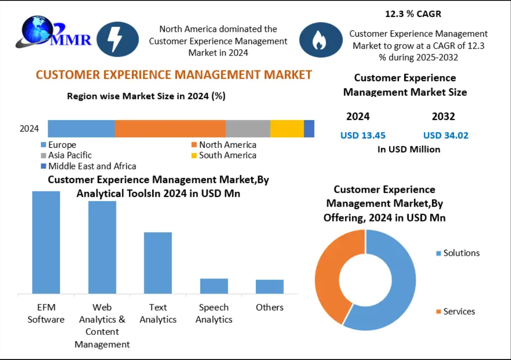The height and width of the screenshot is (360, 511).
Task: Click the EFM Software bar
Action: pyautogui.click(x=46, y=242)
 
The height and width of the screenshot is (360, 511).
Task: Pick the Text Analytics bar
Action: pyautogui.click(x=158, y=263)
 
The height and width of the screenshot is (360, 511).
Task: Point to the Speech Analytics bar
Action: pyautogui.click(x=214, y=286)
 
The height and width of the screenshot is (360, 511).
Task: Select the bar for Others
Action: pyautogui.click(x=269, y=286)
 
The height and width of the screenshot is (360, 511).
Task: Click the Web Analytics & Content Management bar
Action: pyautogui.click(x=102, y=247)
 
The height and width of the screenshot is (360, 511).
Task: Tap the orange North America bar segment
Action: pyautogui.click(x=170, y=128)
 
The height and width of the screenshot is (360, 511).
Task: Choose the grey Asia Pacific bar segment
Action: pyautogui.click(x=248, y=128)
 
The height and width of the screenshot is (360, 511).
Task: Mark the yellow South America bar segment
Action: pyautogui.click(x=287, y=128)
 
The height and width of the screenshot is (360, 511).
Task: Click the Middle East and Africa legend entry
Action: pyautogui.click(x=88, y=166)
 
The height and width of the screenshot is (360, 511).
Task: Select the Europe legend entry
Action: pyautogui.click(x=58, y=145)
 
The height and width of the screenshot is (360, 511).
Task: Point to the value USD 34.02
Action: pyautogui.click(x=446, y=135)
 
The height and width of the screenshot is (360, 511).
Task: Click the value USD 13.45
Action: pyautogui.click(x=363, y=135)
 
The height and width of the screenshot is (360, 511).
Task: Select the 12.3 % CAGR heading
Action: pyautogui.click(x=413, y=14)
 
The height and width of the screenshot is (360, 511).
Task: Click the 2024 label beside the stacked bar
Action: pyautogui.click(x=29, y=129)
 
